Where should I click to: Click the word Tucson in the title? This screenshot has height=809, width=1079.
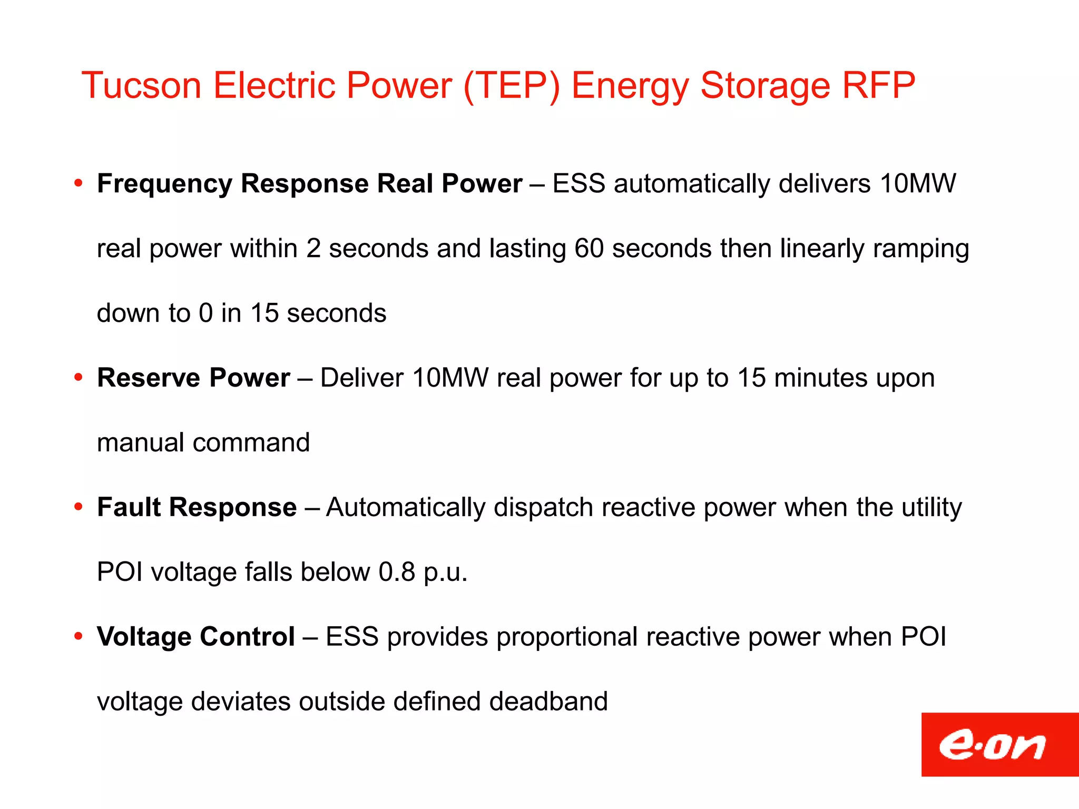[x=141, y=85]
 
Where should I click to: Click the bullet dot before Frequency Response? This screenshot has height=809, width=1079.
[x=79, y=184]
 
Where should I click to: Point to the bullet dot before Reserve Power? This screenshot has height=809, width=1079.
[x=79, y=378]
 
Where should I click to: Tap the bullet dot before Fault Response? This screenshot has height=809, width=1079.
[x=79, y=507]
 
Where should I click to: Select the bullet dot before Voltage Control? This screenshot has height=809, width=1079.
[x=79, y=637]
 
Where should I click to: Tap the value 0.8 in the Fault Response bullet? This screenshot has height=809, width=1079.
[x=397, y=572]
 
